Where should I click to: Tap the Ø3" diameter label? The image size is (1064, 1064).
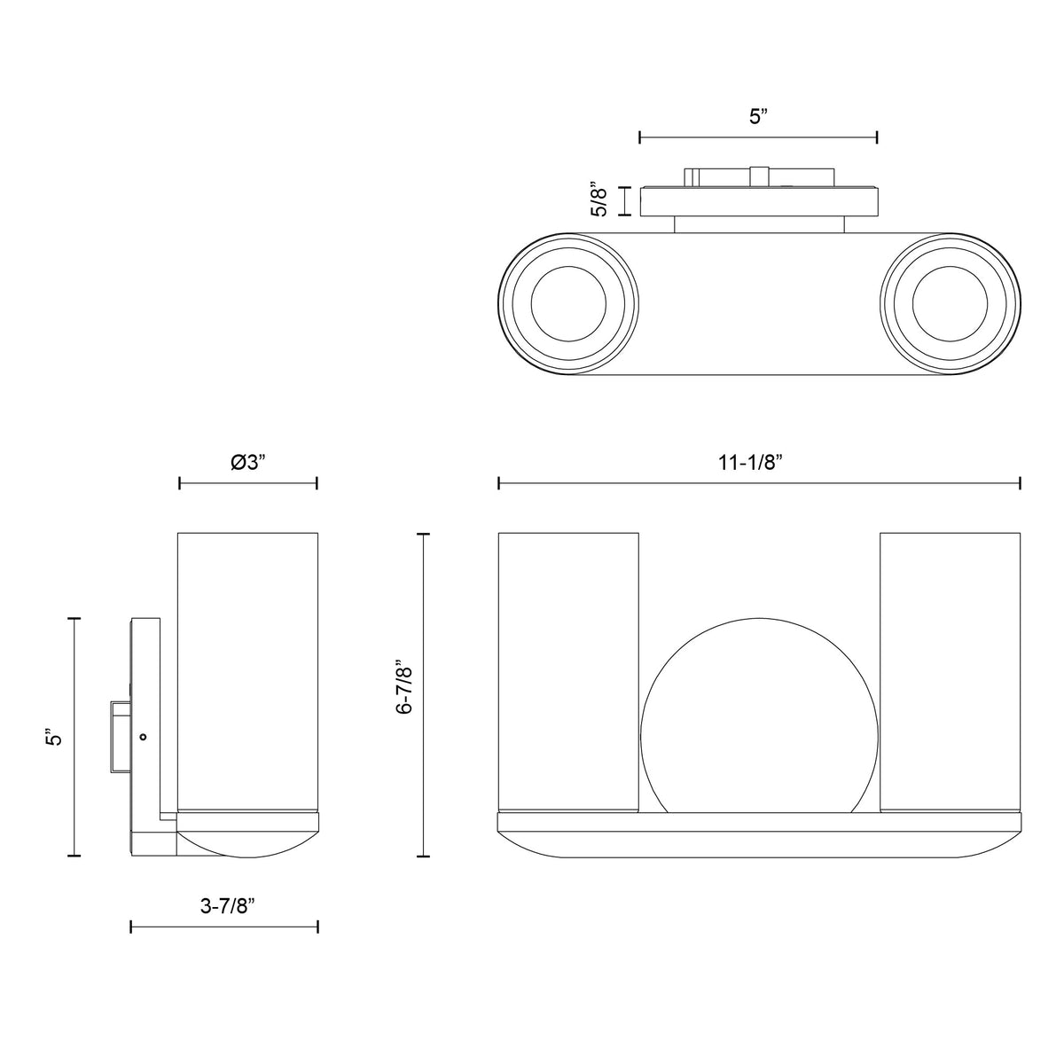[248, 461]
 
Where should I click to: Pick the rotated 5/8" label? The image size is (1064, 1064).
[600, 202]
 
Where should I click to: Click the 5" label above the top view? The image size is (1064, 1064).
[756, 117]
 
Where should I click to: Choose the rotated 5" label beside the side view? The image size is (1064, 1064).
[55, 738]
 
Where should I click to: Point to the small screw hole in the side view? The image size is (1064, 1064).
[144, 736]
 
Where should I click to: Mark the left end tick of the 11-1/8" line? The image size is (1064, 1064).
[499, 483]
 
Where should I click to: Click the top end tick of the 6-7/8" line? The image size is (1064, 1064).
[423, 534]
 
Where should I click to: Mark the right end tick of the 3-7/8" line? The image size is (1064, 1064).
[317, 927]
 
